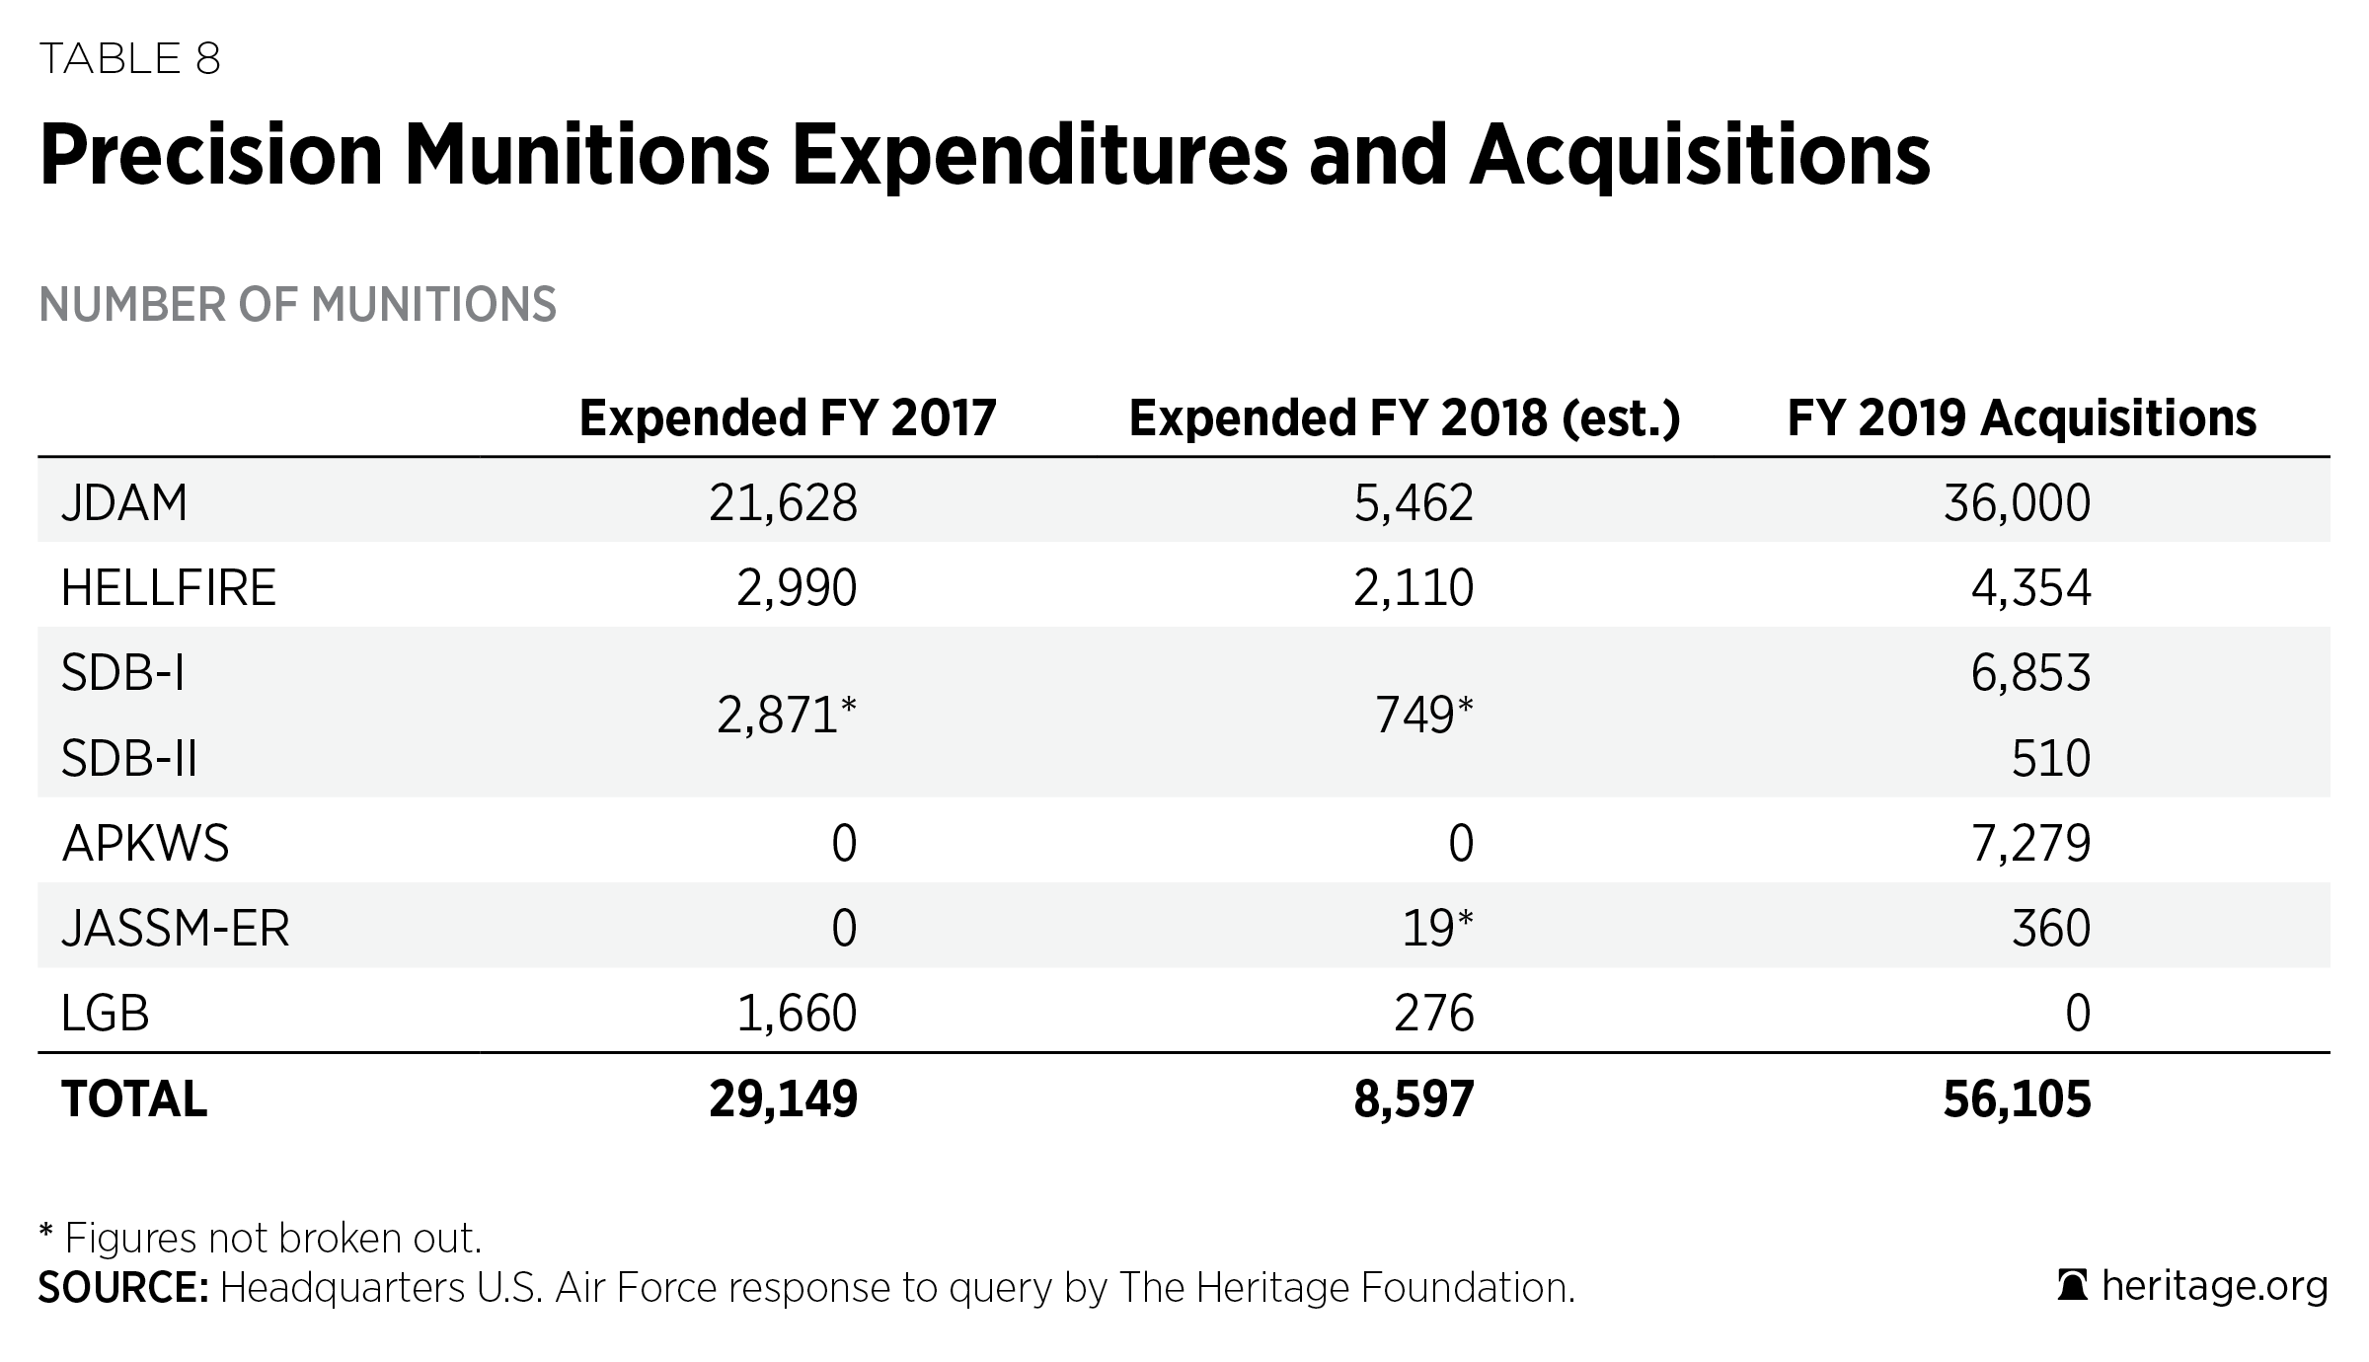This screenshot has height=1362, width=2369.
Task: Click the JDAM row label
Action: (124, 503)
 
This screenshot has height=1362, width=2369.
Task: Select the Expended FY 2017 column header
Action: (787, 418)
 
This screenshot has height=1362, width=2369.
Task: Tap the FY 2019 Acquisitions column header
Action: (2022, 418)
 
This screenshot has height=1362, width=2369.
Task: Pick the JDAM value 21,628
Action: (783, 503)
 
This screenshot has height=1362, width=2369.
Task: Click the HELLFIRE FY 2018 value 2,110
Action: (1413, 588)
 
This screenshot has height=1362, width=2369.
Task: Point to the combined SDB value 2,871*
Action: (786, 716)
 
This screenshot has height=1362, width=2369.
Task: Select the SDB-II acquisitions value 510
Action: (2050, 759)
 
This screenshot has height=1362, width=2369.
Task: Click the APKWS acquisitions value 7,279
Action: (2030, 844)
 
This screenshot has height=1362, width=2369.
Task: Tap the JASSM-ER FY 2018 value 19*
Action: (1437, 929)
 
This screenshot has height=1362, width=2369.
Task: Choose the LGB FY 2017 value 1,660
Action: (797, 1014)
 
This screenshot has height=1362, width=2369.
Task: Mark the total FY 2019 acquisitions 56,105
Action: (2017, 1099)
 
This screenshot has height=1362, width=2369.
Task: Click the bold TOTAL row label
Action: (134, 1099)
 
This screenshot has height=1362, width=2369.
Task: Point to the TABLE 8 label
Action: (129, 59)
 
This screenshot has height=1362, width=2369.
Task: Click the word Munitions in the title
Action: (586, 155)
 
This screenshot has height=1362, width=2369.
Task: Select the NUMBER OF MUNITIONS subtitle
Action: (297, 304)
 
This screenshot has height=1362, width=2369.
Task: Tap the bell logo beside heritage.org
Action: (2072, 1287)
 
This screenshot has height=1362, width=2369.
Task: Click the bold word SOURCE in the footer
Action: (122, 1288)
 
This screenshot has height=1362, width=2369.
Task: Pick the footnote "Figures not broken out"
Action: (271, 1239)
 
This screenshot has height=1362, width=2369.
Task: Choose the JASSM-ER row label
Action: (175, 929)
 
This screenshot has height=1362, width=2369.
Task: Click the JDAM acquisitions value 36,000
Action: (2017, 503)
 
